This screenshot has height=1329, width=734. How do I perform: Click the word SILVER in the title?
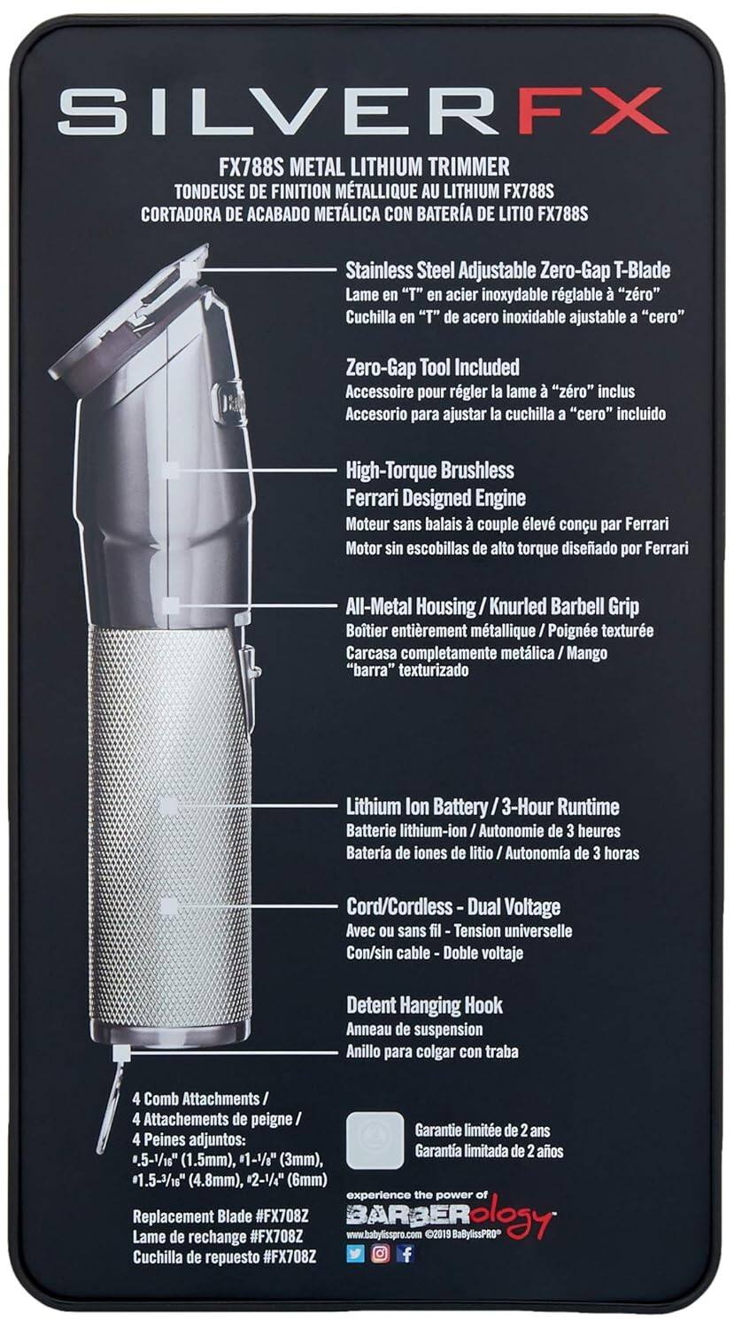point(273,111)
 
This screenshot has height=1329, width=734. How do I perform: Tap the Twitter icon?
point(356,1254)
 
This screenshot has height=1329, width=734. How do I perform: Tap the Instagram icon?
point(381,1254)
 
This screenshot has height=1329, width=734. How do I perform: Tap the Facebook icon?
point(406,1254)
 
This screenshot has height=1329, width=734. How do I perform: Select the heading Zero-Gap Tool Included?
point(432,367)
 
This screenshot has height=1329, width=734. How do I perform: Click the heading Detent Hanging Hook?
point(424,1005)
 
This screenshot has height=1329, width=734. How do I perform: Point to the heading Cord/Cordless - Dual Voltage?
point(452,906)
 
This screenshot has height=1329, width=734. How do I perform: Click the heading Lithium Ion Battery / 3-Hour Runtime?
point(482,806)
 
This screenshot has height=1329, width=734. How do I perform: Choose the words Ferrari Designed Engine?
point(436,497)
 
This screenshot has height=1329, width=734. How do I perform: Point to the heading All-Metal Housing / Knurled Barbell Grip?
point(491,607)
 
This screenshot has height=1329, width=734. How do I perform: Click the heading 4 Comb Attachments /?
point(196,1098)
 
